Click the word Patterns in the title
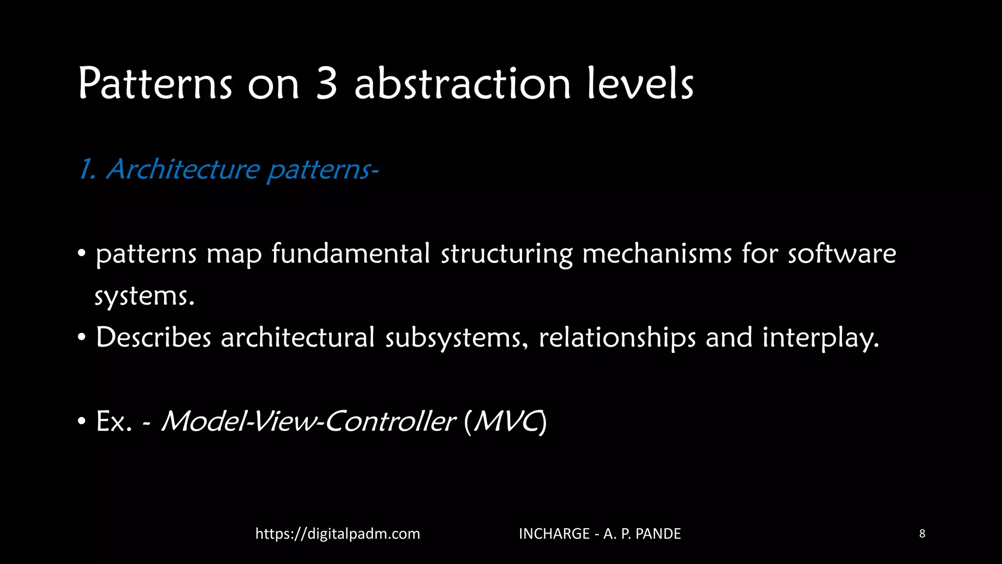coord(155,84)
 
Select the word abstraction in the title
coord(462,84)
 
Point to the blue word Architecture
coord(183,169)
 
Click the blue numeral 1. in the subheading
coord(87,169)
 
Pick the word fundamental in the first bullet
coord(350,254)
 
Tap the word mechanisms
coord(657,254)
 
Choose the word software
coord(842,254)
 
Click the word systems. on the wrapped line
coord(144,296)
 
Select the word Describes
coord(153,338)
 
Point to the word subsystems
coord(456,338)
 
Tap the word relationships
coord(617,338)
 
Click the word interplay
coord(820,338)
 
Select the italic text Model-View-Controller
coord(308,421)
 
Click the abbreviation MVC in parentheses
coord(506,421)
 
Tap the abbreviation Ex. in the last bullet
coord(114,421)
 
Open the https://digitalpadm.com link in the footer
coord(338,534)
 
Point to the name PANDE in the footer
coord(658,534)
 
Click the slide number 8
coord(922,534)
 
